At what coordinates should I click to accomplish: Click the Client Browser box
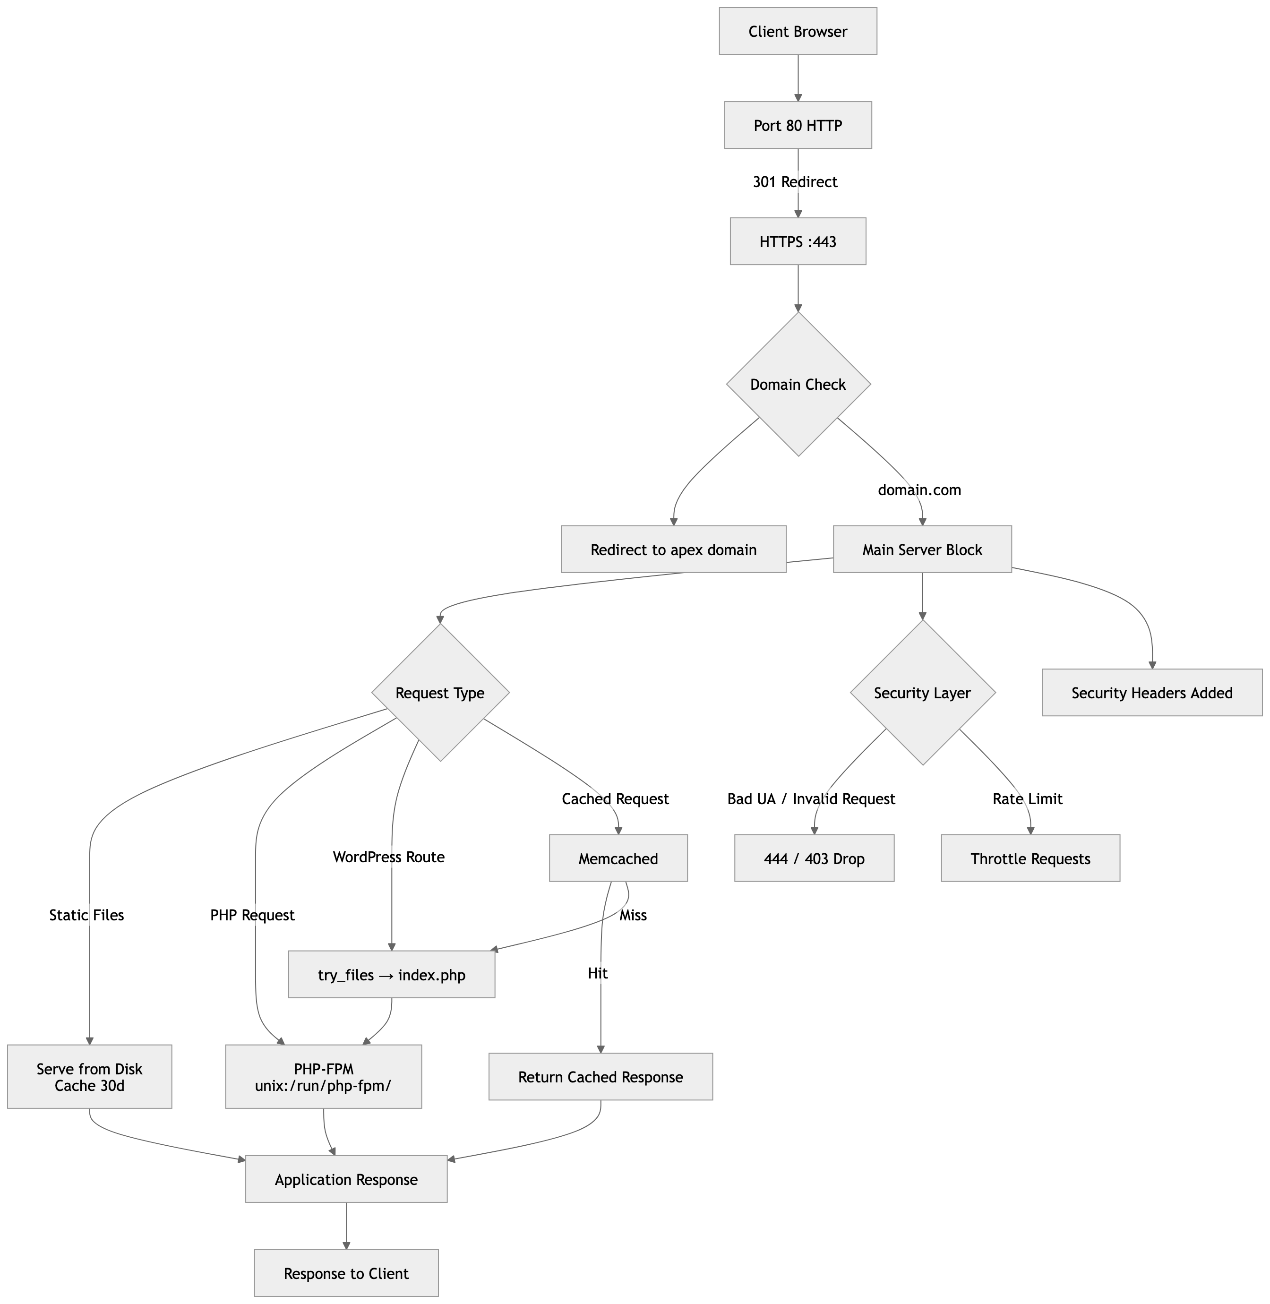point(798,31)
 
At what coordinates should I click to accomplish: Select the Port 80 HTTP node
point(798,125)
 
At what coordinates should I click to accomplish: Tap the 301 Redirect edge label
point(795,182)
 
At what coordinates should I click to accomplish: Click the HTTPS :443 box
point(798,241)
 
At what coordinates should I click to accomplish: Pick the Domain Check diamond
point(798,384)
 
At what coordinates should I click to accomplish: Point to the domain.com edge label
point(919,490)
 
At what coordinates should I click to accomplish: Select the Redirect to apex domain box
point(674,549)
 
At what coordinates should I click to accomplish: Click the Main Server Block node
point(922,549)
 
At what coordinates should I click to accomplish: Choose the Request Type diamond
point(440,693)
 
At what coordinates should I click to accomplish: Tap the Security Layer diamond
point(922,693)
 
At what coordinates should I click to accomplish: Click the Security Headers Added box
point(1152,693)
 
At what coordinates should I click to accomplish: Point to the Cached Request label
point(615,799)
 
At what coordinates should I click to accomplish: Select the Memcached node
point(618,858)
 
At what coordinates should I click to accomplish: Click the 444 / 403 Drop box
point(814,858)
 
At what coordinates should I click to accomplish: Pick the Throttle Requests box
point(1030,858)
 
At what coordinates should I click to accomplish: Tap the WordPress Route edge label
point(389,857)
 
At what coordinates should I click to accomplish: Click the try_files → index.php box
point(392,975)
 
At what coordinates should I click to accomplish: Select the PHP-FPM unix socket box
point(324,1077)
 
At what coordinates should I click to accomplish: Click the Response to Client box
point(346,1273)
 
